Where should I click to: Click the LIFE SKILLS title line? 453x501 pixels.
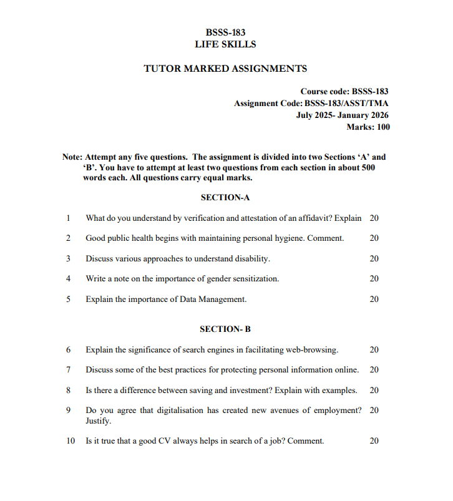225,44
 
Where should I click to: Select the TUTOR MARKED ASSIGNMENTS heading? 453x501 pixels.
225,69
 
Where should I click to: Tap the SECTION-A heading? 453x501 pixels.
225,198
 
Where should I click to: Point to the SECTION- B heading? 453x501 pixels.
225,329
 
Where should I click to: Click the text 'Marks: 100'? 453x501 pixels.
368,127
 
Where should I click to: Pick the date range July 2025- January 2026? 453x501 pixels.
343,115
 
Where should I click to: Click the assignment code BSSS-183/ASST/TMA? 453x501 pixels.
347,104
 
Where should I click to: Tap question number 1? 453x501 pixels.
67,218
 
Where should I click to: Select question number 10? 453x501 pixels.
71,441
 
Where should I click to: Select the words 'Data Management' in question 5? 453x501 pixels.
215,299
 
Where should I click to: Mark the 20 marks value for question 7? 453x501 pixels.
374,370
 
